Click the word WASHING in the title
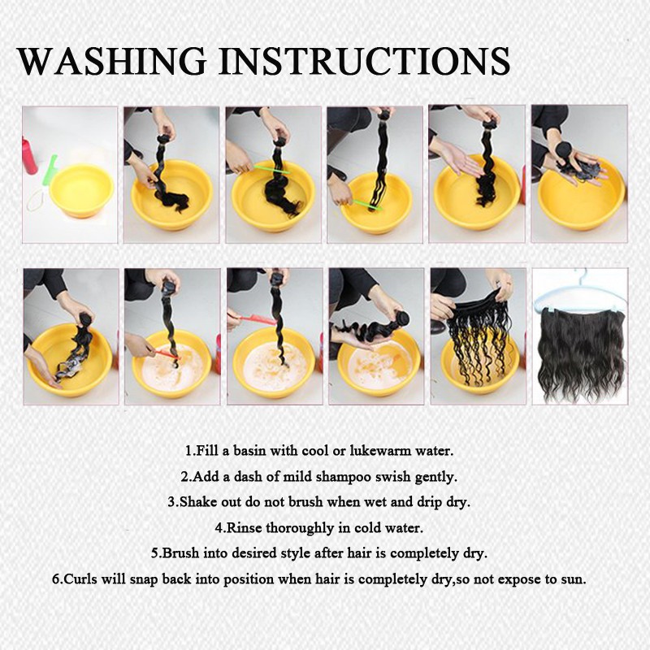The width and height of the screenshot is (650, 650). pos(111,61)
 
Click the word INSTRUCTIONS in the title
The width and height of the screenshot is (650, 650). pos(364,61)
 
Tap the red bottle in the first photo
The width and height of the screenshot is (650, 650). pos(28,155)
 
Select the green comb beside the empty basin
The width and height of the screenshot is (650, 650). pos(50,169)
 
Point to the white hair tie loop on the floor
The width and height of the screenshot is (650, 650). pos(37,201)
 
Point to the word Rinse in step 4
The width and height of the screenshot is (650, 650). pos(245,527)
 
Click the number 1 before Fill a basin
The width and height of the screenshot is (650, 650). pos(189,451)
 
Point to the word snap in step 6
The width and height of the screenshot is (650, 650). pos(144,580)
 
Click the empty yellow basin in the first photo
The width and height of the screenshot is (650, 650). pos(81,190)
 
